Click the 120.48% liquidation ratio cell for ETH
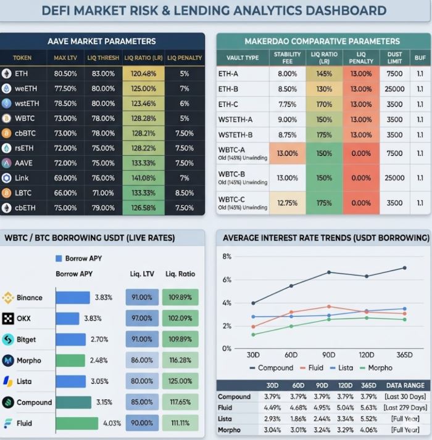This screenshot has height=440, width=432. coord(143,73)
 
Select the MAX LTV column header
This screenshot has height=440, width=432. coord(65,58)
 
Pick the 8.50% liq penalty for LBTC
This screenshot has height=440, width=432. coord(184,193)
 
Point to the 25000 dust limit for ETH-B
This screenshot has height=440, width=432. coord(394,89)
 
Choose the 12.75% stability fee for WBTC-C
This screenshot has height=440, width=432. coord(287,203)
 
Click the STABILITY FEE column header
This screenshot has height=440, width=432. coord(287,58)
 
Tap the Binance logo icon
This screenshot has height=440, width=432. coord(8,298)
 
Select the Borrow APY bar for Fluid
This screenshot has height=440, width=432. coord(77,423)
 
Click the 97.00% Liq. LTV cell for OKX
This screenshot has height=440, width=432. coord(142,319)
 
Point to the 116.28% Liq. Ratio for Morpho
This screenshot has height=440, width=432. coord(180,361)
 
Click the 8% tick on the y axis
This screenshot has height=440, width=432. coord(227,256)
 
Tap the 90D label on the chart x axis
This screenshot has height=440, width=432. coord(329,355)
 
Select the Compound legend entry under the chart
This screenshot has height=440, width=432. coord(271,368)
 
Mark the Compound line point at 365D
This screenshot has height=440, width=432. coord(405,267)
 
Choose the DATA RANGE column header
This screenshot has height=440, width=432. coord(404,385)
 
